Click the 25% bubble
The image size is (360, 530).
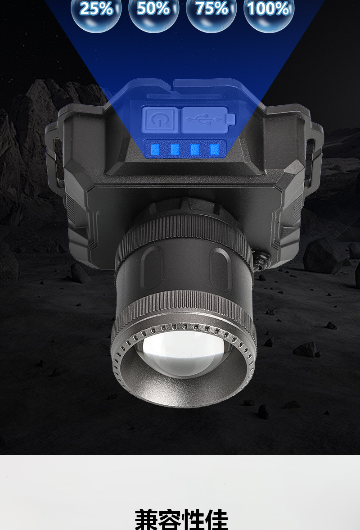(x=96, y=13)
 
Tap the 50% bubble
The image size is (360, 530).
(x=153, y=13)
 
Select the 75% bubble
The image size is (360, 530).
(x=211, y=13)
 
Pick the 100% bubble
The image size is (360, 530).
(x=269, y=13)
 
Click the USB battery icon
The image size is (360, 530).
(x=208, y=119)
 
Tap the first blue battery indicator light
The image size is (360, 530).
(x=155, y=149)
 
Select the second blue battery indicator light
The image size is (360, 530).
(x=175, y=149)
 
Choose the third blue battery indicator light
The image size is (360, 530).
(x=194, y=149)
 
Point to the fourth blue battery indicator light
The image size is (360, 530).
(x=215, y=149)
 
